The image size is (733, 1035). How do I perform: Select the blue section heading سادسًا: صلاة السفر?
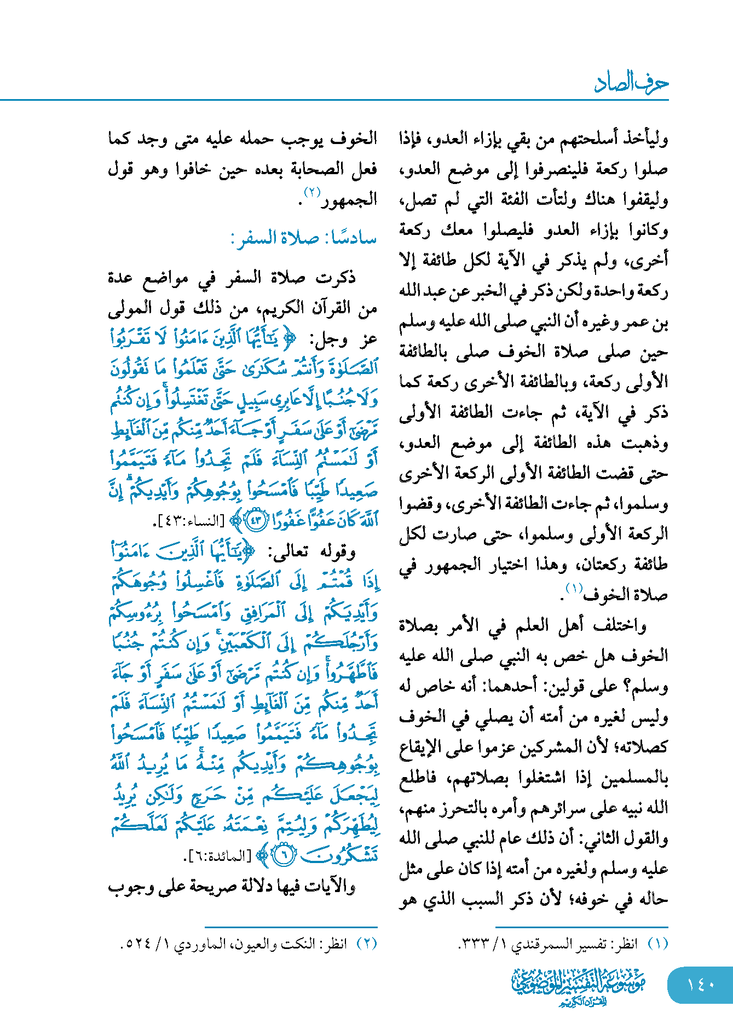(x=304, y=238)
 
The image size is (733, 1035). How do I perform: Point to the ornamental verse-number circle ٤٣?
(x=256, y=519)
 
